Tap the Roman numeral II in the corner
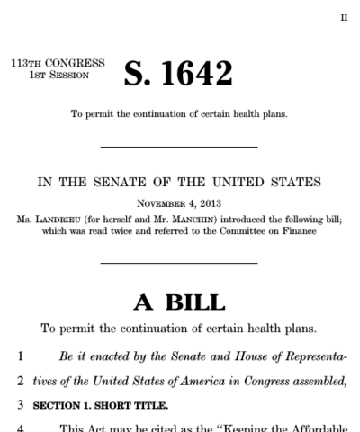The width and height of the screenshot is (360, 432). tap(343, 17)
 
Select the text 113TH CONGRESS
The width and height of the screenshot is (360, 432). tap(58, 64)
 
